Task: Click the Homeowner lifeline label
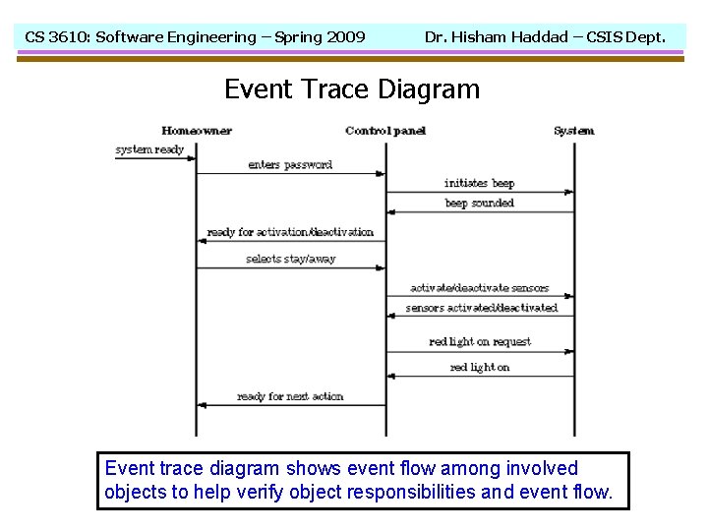click(x=197, y=131)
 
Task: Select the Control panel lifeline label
click(x=386, y=131)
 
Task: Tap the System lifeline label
click(x=573, y=131)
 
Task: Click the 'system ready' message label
click(x=149, y=150)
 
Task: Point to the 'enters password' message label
click(x=290, y=165)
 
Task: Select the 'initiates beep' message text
click(x=479, y=184)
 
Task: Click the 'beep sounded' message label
click(x=479, y=204)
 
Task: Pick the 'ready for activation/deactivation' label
click(x=290, y=232)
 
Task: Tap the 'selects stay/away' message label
click(x=290, y=260)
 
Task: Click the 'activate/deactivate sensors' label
click(x=479, y=288)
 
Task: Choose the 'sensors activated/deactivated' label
click(x=481, y=308)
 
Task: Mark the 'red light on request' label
click(x=479, y=342)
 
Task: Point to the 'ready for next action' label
click(x=290, y=396)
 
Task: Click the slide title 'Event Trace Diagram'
click(x=352, y=89)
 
